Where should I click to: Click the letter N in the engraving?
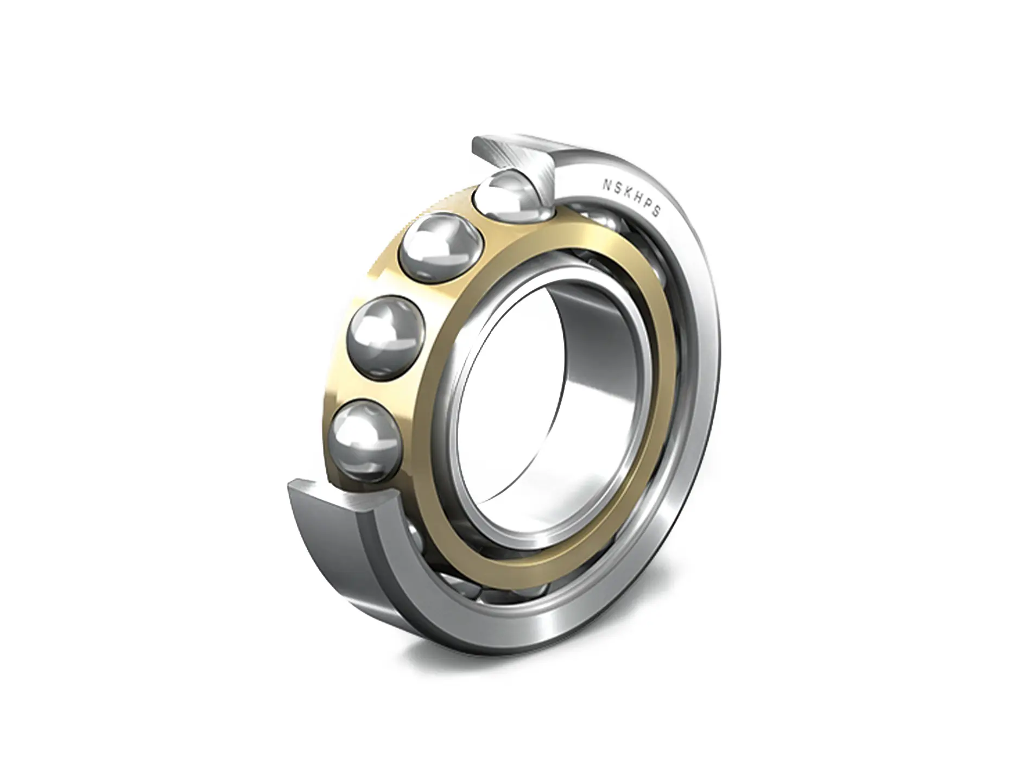tap(606, 184)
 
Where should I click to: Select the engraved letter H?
tap(638, 196)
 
